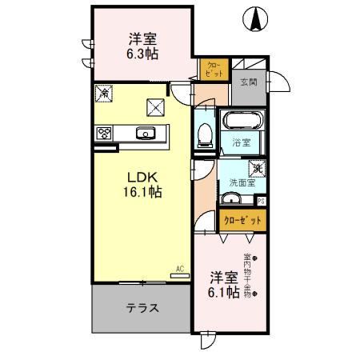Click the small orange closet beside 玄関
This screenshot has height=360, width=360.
213,70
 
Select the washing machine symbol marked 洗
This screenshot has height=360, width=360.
258,168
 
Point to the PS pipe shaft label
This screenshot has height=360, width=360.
262,201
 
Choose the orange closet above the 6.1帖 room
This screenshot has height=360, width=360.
242,218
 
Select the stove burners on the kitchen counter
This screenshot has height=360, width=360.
103,134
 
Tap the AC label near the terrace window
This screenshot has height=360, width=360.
178,270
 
